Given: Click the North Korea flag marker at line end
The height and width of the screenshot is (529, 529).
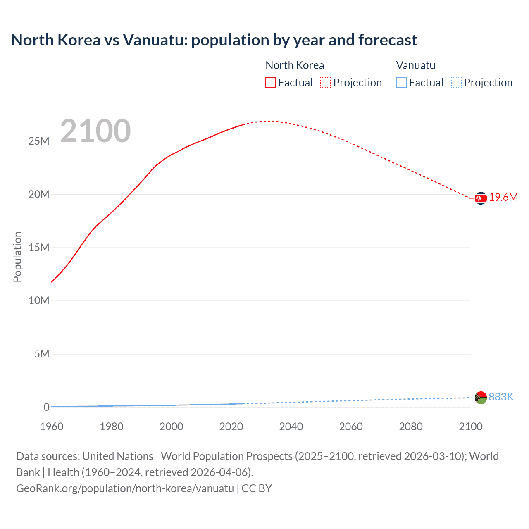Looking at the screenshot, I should (x=481, y=198).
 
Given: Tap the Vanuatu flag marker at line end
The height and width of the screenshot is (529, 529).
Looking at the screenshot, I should (x=481, y=398).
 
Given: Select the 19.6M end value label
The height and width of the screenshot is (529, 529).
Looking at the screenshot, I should (x=503, y=197).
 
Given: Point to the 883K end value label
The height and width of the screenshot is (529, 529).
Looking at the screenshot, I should (x=501, y=397).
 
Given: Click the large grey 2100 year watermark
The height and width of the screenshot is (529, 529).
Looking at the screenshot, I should (x=95, y=131).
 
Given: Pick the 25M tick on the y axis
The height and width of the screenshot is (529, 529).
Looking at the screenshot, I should (x=39, y=141).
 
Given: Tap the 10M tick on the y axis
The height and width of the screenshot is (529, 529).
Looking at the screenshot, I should (x=39, y=300).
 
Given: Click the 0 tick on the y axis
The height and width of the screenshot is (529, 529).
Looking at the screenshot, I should (x=46, y=407).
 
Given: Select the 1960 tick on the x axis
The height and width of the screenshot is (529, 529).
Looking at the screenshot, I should (x=52, y=427).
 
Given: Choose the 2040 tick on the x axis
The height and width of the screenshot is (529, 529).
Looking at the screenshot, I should (x=291, y=427).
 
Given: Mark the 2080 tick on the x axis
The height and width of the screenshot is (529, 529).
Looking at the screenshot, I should (x=411, y=427).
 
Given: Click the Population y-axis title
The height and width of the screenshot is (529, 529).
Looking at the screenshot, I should (x=17, y=257).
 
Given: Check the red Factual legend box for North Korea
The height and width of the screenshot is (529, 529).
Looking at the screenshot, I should (x=271, y=82).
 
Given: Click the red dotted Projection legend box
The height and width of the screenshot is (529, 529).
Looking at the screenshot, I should (x=326, y=82).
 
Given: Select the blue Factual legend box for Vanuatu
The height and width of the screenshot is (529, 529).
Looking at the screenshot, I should (x=401, y=82).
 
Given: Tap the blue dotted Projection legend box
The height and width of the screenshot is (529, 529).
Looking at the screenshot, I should (x=456, y=82).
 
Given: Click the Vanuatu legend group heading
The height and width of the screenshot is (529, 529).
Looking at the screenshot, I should (x=416, y=65).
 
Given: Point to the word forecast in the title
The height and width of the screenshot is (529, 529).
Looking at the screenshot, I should (x=388, y=40).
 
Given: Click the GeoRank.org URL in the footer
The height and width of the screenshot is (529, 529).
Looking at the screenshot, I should (x=125, y=488).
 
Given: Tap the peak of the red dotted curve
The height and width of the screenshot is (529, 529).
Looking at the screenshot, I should (x=268, y=121).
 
